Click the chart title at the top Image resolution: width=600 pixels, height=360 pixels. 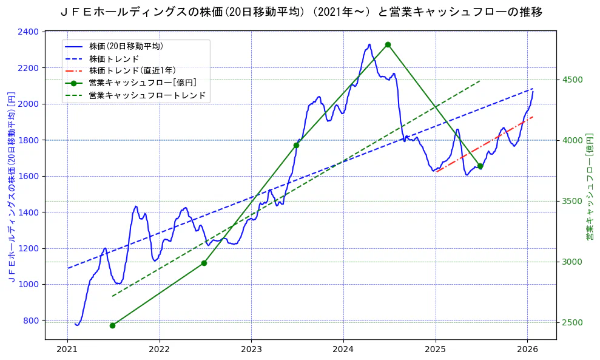(x=302, y=12)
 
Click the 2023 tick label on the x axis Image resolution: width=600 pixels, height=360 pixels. (x=251, y=349)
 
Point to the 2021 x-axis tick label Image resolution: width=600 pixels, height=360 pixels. (x=67, y=349)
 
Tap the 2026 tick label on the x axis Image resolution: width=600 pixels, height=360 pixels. (x=527, y=349)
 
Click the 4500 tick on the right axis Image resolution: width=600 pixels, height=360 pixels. (x=572, y=80)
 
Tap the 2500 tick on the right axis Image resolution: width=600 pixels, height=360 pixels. (x=572, y=322)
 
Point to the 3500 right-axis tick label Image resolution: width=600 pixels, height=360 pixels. (x=572, y=201)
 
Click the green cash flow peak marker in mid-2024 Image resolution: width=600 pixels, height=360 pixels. (x=388, y=44)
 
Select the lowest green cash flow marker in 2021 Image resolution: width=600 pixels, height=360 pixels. (x=112, y=325)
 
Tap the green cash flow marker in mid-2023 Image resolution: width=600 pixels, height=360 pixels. (x=296, y=145)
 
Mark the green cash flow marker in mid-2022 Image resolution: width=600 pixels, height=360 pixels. (x=204, y=263)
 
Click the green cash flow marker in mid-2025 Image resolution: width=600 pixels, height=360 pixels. (x=480, y=166)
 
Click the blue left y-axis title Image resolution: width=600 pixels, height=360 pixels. (x=11, y=187)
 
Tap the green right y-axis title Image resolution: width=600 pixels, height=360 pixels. (x=589, y=187)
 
